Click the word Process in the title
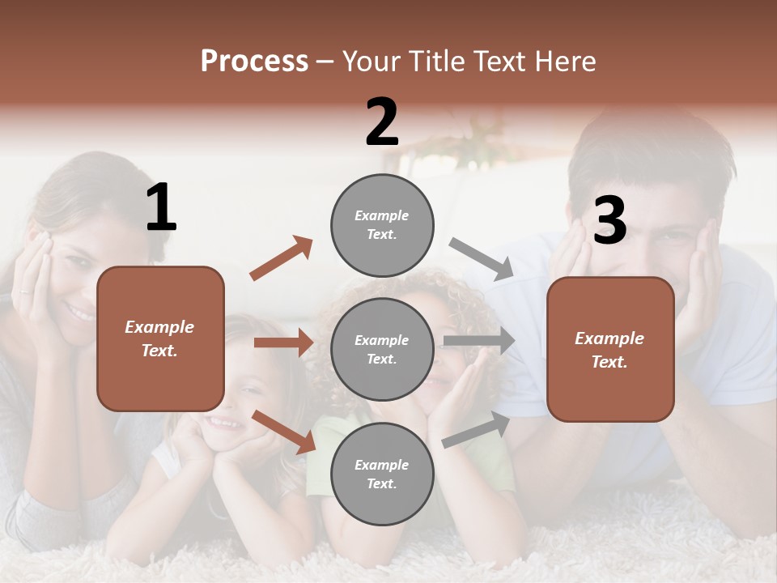254,62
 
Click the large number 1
161,207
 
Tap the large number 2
382,122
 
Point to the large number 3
610,220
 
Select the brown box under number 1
160,338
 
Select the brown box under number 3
610,349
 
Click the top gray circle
382,224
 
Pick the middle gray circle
382,349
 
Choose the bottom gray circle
382,474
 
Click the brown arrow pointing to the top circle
282,258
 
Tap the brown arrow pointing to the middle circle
283,343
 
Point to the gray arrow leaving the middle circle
479,341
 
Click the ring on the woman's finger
23,290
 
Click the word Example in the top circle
381,215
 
